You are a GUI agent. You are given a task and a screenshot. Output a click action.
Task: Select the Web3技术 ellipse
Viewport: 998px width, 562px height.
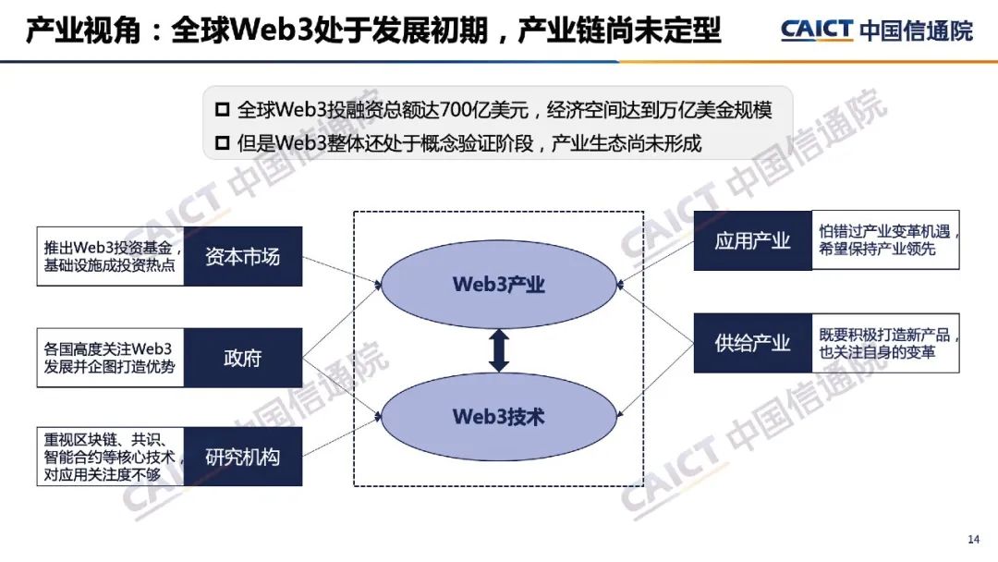pos(499,417)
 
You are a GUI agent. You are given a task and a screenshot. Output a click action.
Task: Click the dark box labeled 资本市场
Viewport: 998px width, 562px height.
pos(243,256)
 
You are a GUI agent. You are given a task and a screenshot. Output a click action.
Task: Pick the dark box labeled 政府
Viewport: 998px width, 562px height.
pos(243,359)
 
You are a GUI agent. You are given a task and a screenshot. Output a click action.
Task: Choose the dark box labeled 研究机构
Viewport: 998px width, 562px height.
pos(243,457)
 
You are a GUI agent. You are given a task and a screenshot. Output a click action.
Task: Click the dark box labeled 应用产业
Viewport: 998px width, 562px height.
pos(753,241)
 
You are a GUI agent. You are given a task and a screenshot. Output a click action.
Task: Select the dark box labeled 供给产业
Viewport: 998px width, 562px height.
pos(753,344)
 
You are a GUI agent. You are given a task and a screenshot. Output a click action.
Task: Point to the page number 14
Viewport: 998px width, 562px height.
pos(972,540)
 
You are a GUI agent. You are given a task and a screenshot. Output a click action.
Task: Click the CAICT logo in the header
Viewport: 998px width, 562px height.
pos(816,30)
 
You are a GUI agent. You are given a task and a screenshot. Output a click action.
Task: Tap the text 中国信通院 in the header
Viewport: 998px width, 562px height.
pos(916,31)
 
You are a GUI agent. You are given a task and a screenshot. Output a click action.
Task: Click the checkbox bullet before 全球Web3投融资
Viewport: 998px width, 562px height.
pos(222,110)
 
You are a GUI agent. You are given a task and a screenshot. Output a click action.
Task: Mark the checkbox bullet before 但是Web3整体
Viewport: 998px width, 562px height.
pos(222,143)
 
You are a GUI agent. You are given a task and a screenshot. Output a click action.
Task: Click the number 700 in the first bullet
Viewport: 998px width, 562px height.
pos(456,110)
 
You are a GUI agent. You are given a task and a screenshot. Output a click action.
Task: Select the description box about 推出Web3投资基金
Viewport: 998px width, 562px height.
pos(111,256)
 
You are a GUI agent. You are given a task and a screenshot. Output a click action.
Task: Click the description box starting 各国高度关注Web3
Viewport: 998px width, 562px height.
pos(111,359)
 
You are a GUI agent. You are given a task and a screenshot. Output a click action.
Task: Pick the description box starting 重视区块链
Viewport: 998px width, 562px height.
pos(111,457)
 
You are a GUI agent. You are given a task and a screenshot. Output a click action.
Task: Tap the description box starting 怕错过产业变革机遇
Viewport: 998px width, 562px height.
pos(885,241)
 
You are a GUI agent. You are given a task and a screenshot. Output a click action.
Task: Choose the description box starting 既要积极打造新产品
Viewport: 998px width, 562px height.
pos(885,344)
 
